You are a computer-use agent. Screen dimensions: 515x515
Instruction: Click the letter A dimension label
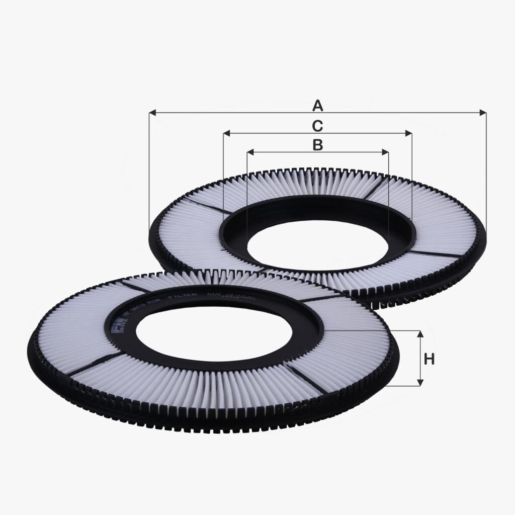[317, 106]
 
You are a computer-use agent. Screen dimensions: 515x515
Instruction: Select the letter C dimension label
[317, 126]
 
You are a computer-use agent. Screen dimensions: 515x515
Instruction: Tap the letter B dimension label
[317, 145]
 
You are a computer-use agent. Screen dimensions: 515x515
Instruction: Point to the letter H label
[429, 359]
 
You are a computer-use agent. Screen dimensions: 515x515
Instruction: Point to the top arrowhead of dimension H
[420, 334]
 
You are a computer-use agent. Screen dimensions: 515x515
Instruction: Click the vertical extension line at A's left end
[149, 171]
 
